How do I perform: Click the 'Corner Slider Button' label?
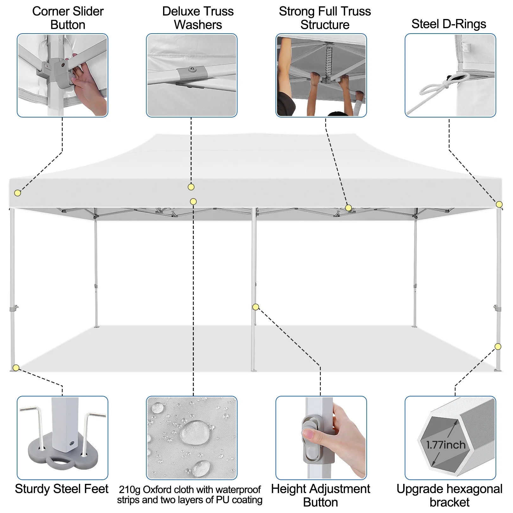click(x=68, y=18)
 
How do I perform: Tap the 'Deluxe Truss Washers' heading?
click(x=198, y=18)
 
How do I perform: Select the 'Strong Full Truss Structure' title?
click(x=325, y=18)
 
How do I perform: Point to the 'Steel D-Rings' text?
click(x=449, y=24)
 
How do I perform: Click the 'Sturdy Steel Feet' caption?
click(x=62, y=489)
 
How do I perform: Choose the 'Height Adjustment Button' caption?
click(x=320, y=495)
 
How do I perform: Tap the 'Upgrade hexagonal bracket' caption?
click(x=449, y=495)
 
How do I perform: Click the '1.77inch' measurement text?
click(x=446, y=445)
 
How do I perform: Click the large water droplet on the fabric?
click(x=194, y=432)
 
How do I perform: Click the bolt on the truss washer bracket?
click(x=191, y=68)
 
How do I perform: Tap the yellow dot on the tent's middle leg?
click(x=256, y=307)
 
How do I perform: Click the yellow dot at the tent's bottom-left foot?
click(x=16, y=368)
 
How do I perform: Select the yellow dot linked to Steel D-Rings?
click(x=499, y=205)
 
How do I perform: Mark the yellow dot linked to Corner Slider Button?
click(x=18, y=193)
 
